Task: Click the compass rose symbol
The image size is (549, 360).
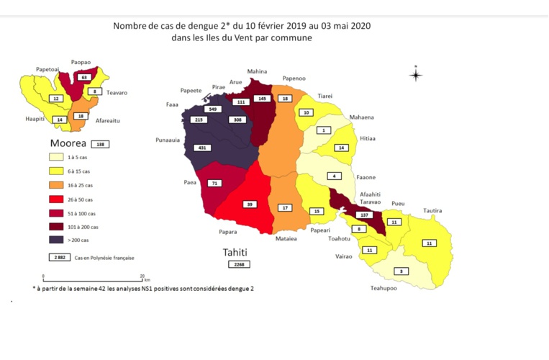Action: [416, 74]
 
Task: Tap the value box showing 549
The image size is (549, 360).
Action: [212, 109]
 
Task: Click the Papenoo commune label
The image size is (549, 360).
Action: [294, 79]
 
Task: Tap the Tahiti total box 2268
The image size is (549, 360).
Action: [238, 265]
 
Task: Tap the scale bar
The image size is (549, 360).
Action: [94, 277]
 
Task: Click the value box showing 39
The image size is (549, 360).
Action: [250, 204]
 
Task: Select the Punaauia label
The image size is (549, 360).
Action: [168, 140]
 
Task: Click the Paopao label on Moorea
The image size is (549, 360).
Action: [80, 63]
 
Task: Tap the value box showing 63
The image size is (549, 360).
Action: [84, 77]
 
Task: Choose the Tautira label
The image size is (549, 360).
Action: [432, 210]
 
